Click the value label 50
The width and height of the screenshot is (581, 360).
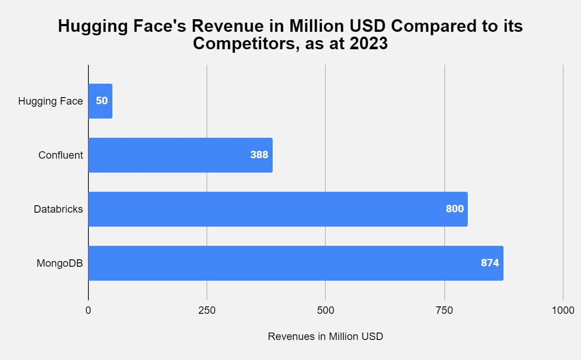pos(101,101)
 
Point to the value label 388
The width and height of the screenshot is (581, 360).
pos(259,155)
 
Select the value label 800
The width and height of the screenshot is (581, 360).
pos(455,209)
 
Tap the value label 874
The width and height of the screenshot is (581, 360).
pos(490,263)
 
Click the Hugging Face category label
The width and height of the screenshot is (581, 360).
pos(51,102)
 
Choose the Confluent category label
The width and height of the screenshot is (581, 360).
pos(61,155)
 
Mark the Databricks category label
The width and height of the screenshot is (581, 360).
pos(58,209)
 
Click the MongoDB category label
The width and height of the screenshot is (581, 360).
pos(60,263)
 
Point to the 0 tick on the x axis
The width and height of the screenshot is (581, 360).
pos(88,311)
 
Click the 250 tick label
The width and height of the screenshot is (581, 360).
pos(207,311)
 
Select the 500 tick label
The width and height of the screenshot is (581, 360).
pos(326,311)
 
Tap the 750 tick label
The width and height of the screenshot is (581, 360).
pos(445,311)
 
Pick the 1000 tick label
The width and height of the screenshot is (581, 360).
pos(563,311)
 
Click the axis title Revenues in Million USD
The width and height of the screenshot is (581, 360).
pos(325,336)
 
